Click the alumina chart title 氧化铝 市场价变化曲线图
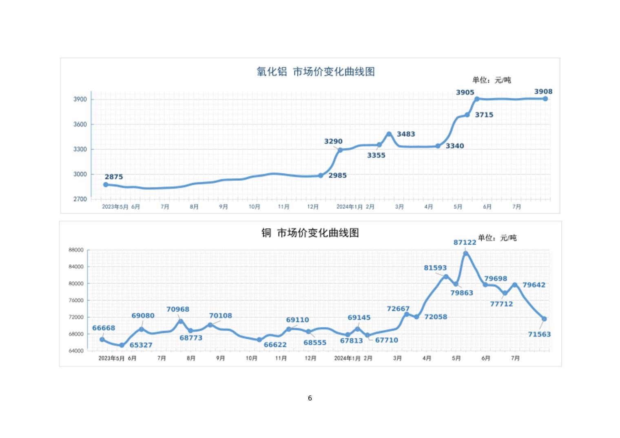click(315, 72)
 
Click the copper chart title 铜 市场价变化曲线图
click(310, 233)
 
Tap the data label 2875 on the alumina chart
click(113, 177)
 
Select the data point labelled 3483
click(389, 134)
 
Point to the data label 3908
click(543, 91)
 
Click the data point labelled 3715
click(467, 115)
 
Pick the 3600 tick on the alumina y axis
click(80, 124)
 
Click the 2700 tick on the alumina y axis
click(80, 199)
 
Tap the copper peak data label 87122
click(465, 242)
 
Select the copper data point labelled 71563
click(544, 319)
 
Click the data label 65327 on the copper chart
click(141, 345)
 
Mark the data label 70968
click(177, 309)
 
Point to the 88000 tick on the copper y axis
click(76, 250)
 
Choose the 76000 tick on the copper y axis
click(76, 301)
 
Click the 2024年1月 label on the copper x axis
click(347, 358)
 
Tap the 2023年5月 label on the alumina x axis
click(115, 207)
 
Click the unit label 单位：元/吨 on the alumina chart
click(492, 80)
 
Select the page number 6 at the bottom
click(310, 398)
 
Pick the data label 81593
click(435, 268)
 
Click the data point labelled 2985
click(321, 176)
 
